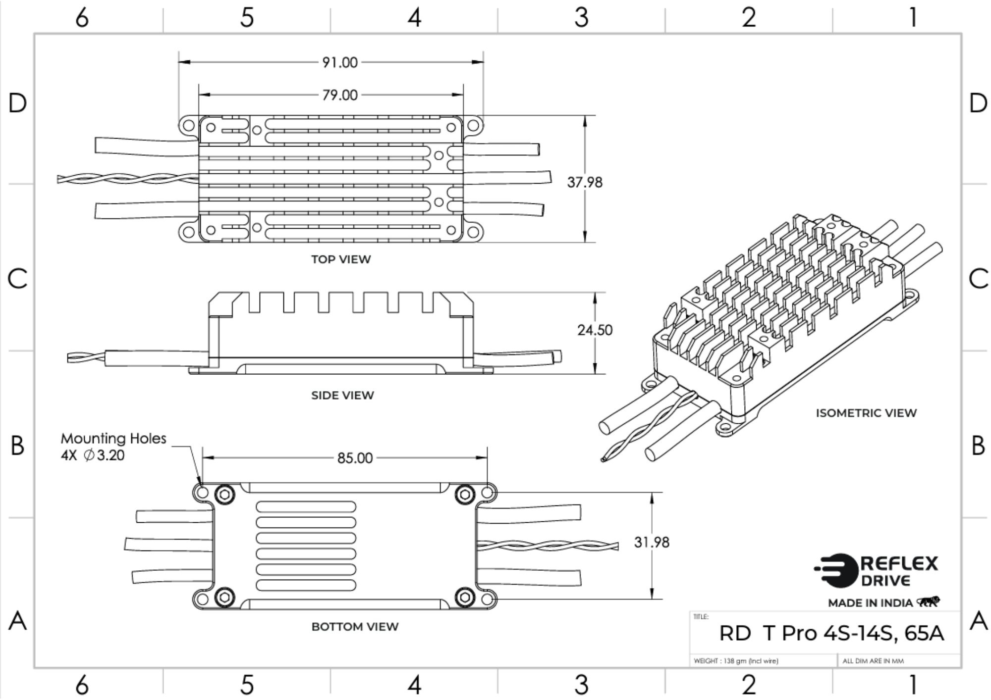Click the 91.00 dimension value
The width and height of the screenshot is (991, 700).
340,62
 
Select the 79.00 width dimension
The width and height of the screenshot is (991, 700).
340,95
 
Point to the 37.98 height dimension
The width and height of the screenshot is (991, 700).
585,182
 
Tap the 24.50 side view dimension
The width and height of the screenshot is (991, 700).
595,330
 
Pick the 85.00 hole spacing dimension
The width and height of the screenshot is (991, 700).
355,458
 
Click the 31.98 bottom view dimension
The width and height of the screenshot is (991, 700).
652,543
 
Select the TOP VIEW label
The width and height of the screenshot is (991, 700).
341,259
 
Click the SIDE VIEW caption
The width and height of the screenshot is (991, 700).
342,396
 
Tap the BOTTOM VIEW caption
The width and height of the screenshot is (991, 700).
355,627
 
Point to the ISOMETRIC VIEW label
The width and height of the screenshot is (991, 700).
866,413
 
